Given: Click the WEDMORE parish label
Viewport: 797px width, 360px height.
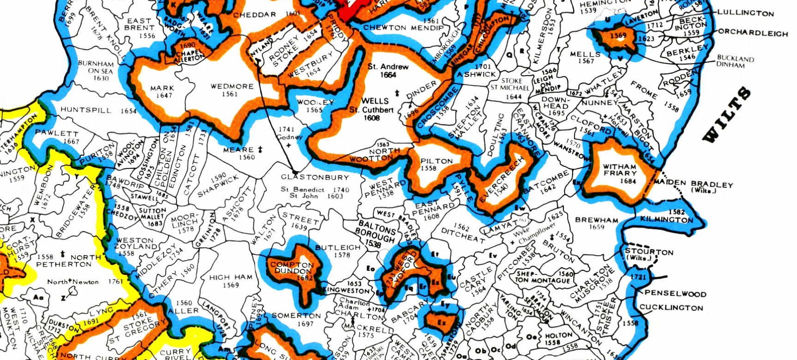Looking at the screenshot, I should tap(232, 86).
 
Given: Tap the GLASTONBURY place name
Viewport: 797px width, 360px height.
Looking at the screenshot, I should tap(315, 177).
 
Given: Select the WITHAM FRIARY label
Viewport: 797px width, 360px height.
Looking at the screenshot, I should tap(619, 170).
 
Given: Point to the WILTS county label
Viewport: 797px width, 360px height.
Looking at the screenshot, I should tap(727, 115).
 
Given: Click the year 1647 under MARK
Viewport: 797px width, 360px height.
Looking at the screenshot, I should tap(164, 96).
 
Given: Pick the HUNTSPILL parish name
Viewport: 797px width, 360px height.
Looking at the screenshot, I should tap(86, 110).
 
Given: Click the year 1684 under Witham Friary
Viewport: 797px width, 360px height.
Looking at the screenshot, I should tap(628, 181).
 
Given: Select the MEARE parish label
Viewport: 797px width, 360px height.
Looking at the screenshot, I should tap(238, 150).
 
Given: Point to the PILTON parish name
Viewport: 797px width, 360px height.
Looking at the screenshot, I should tap(436, 161).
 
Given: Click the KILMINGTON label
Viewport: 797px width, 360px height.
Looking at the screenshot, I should tap(666, 219).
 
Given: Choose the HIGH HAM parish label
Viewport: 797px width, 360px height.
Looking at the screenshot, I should tap(231, 277).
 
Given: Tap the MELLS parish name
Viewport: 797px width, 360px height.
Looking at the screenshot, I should tap(585, 54).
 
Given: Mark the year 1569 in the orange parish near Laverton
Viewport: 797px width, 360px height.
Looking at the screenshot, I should tap(618, 36).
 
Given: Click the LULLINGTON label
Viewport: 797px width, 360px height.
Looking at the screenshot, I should tap(746, 13).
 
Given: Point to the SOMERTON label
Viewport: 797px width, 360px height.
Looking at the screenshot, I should tap(296, 315).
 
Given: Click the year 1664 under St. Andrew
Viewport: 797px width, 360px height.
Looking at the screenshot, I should tap(388, 75).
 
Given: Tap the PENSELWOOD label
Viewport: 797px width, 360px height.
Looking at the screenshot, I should tap(675, 293).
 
